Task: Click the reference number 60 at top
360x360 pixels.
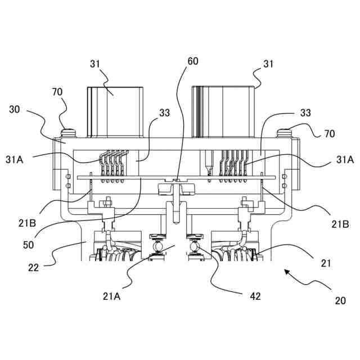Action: pos(193,61)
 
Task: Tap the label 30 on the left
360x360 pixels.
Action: pos(15,110)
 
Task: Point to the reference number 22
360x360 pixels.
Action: pos(34,268)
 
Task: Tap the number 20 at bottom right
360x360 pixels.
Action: pos(340,300)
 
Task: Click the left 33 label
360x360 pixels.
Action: pos(164,113)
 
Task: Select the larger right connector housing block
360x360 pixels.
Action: pos(224,111)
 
